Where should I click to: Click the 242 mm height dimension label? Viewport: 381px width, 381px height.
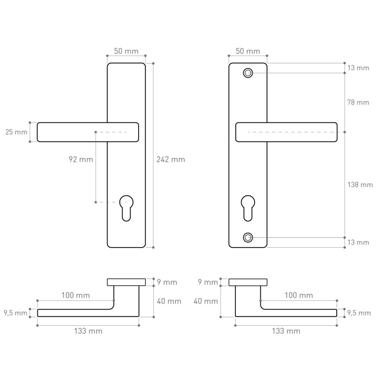(x=170, y=160)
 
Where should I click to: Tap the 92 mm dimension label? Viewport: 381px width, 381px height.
(x=80, y=160)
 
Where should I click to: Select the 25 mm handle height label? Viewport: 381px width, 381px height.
(x=16, y=132)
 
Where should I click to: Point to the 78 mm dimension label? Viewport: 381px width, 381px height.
(x=358, y=102)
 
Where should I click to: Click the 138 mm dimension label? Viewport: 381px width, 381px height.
(x=360, y=185)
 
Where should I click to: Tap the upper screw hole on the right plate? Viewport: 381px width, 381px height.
(x=248, y=73)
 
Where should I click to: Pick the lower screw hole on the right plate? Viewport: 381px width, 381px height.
(x=248, y=237)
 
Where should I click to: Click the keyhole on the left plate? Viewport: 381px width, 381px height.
(x=126, y=208)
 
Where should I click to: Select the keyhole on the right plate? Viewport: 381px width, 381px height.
(x=248, y=208)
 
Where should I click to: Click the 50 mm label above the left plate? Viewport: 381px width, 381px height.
(x=126, y=51)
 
